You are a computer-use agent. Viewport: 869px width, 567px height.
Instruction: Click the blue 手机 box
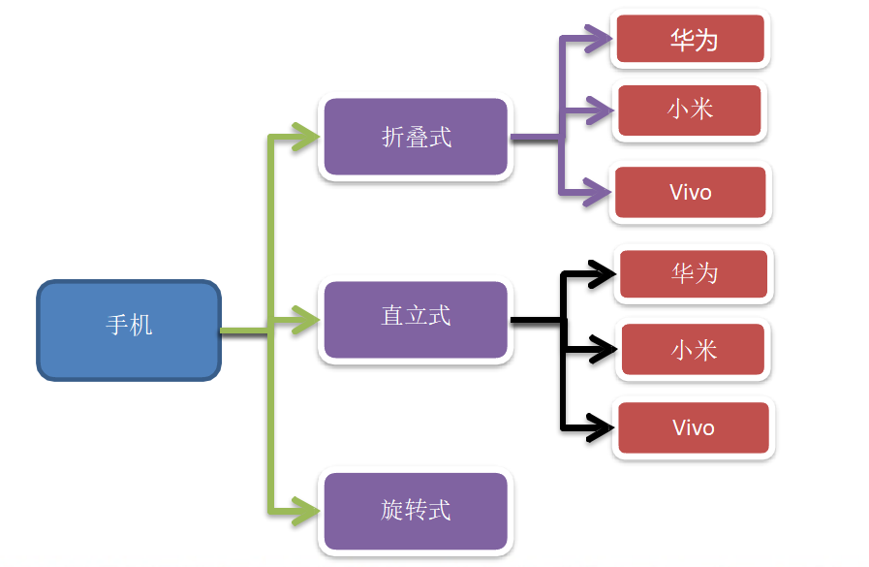[x=129, y=331]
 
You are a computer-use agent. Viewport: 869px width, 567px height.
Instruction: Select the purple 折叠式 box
[x=416, y=137]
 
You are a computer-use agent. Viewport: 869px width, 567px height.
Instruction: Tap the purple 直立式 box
[x=416, y=320]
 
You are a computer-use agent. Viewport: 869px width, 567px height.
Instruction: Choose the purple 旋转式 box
[x=416, y=511]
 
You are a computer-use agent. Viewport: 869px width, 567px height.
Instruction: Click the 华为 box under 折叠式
[x=691, y=39]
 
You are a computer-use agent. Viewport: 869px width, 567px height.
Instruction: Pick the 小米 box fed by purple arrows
[x=690, y=110]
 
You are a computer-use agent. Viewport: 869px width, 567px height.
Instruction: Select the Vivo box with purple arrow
[x=691, y=192]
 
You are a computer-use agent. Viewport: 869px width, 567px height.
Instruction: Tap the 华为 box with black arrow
[x=694, y=273]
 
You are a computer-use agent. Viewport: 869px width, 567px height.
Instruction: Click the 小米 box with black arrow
[x=694, y=350]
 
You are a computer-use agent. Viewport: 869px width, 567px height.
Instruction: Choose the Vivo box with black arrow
[x=694, y=427]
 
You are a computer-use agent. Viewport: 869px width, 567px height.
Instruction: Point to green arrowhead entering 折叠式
[x=306, y=137]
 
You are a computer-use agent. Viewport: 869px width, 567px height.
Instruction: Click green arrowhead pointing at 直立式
[x=306, y=320]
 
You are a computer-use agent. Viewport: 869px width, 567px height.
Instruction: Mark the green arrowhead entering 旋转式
[x=306, y=511]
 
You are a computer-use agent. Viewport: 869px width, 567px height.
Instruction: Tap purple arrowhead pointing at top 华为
[x=599, y=39]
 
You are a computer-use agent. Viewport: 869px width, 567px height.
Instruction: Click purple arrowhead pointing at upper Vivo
[x=598, y=192]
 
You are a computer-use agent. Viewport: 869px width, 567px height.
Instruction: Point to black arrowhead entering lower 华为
[x=602, y=273]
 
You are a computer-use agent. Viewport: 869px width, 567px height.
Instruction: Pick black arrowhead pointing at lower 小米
[x=603, y=349]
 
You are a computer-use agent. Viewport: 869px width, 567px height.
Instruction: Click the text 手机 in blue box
[x=129, y=325]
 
